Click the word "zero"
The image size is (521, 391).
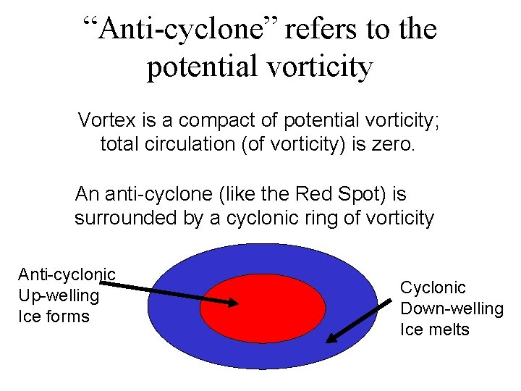coord(394,143)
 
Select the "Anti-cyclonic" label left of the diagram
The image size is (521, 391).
coord(67,274)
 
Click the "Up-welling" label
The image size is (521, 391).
coord(59,295)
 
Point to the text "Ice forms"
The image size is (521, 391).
coord(54,316)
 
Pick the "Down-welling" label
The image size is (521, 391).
coord(452,308)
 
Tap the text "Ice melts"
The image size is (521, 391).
coord(435,329)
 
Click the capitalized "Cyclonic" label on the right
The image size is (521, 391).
coord(433,287)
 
